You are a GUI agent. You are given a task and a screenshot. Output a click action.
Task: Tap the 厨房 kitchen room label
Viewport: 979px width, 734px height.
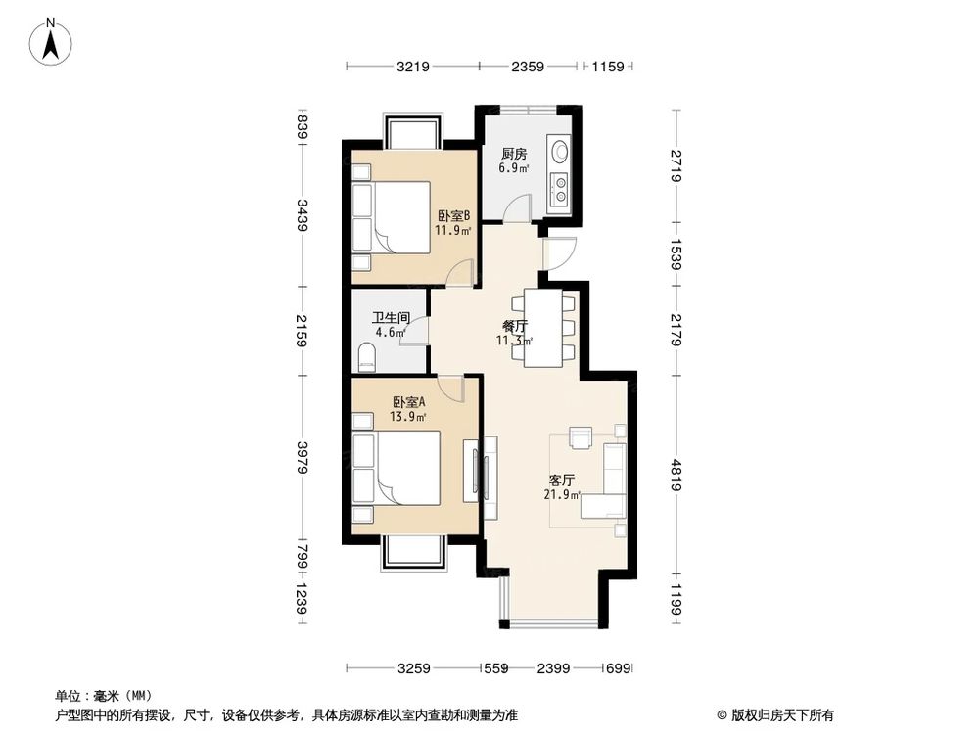coord(514,155)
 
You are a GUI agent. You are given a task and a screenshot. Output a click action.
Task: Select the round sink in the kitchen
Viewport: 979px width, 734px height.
coord(559,152)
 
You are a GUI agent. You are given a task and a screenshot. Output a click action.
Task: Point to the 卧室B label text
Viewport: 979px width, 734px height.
coord(453,216)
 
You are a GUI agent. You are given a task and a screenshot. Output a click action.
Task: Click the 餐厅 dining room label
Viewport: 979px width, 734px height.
coord(515,327)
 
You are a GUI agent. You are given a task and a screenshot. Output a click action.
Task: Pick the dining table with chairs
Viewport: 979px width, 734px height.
coord(543,327)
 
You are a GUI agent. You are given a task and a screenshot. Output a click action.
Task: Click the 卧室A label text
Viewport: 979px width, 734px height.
coord(409,402)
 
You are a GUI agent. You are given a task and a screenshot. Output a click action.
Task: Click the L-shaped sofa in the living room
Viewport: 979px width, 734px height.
coord(607,484)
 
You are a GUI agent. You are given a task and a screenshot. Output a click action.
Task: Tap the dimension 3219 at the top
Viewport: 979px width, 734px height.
coord(412,67)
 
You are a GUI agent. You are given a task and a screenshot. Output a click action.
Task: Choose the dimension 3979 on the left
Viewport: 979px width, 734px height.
coord(303,471)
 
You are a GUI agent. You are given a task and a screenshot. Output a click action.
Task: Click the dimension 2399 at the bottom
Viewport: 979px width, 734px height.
coord(553,668)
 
